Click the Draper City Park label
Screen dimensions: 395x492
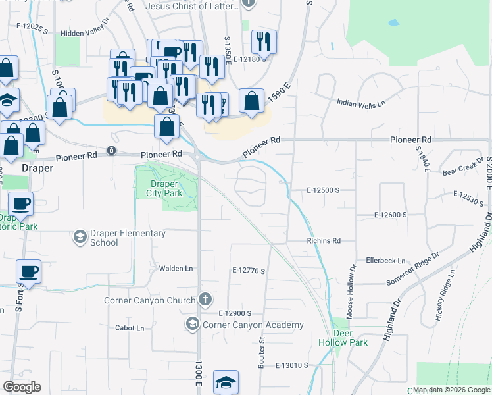pyautogui.click(x=166, y=188)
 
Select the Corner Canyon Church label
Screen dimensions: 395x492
pyautogui.click(x=150, y=300)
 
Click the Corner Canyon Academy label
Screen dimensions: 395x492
pyautogui.click(x=253, y=325)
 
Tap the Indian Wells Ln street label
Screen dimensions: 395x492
pyautogui.click(x=361, y=103)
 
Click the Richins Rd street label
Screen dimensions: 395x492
pyautogui.click(x=324, y=241)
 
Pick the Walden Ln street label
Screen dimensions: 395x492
pyautogui.click(x=176, y=269)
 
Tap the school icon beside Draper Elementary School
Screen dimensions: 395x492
pyautogui.click(x=80, y=236)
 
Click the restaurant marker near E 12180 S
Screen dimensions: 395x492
pyautogui.click(x=264, y=41)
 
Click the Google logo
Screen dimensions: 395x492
pyautogui.click(x=22, y=387)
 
